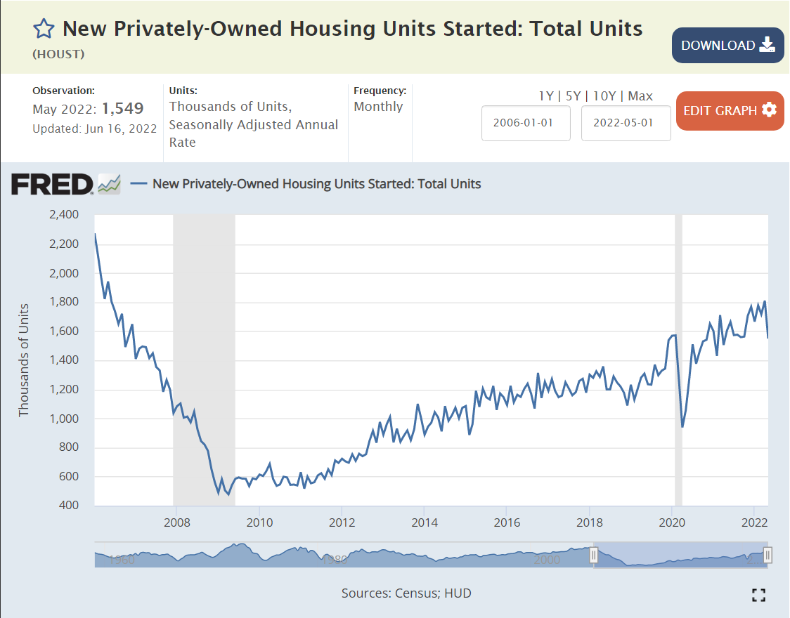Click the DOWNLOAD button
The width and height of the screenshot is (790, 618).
[727, 46]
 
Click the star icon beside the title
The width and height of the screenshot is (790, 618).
[44, 29]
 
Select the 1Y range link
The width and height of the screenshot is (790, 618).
[546, 96]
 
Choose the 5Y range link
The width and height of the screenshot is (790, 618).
[574, 96]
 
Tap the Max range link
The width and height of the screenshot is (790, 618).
[640, 96]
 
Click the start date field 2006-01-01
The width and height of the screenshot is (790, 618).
[525, 123]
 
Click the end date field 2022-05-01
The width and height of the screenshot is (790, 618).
[626, 123]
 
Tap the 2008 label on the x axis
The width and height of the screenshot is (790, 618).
[176, 522]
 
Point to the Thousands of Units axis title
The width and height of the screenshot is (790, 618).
[24, 360]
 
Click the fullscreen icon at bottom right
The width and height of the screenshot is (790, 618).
[758, 596]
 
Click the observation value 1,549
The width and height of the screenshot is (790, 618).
[123, 109]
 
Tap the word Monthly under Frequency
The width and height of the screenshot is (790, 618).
[378, 107]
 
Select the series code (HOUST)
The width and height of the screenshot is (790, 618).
[58, 54]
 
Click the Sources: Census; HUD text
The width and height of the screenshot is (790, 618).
[406, 593]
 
